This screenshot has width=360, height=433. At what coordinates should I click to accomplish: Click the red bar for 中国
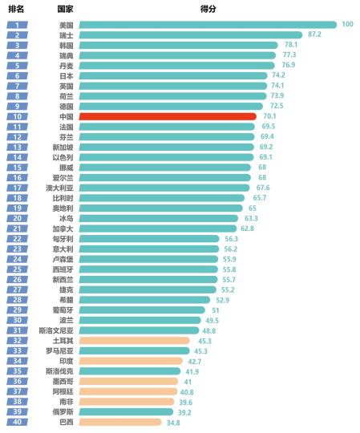point(168,116)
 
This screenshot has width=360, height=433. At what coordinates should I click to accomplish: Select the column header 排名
point(16,8)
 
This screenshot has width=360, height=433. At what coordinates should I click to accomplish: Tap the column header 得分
point(208,8)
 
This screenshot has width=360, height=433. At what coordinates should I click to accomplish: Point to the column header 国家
point(66,8)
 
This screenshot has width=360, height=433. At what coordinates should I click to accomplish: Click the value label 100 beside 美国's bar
point(347,25)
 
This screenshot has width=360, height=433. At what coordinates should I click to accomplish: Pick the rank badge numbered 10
point(17,116)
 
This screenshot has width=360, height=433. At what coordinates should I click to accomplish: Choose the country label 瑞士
point(66,35)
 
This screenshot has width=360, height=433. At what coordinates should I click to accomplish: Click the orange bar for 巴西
point(120,422)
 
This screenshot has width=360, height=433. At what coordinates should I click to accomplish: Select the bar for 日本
point(173,75)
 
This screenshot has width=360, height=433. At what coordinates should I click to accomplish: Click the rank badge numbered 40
point(17,422)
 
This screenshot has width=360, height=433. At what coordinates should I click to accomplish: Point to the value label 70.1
point(269,116)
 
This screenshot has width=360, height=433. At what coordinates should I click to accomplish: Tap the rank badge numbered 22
point(17,239)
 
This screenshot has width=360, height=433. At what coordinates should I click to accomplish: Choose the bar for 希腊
point(145,300)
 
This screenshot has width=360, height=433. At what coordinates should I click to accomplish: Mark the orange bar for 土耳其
point(135,341)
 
